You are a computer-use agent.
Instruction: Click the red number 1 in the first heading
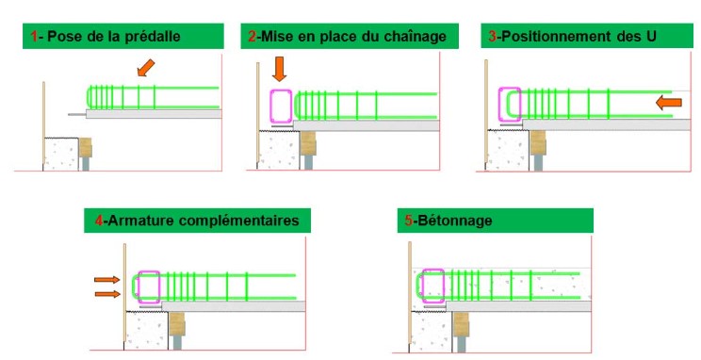point(34,36)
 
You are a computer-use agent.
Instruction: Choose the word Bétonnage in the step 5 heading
point(455,221)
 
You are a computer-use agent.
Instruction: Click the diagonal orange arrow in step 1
point(146,68)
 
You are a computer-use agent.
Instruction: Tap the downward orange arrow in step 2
point(280,69)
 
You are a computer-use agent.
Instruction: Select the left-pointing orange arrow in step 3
point(669,103)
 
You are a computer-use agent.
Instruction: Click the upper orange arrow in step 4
point(106,280)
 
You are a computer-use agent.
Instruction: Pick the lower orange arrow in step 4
point(107,294)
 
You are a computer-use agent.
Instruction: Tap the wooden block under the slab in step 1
point(86,148)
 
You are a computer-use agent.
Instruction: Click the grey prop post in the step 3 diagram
point(538,163)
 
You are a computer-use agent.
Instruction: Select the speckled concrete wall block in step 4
point(146,331)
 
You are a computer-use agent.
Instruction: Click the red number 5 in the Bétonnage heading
point(409,221)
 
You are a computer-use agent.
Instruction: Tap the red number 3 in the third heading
point(492,36)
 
